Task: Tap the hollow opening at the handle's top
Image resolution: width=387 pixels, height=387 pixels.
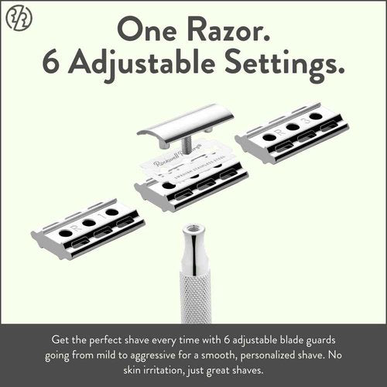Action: pyautogui.click(x=193, y=230)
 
